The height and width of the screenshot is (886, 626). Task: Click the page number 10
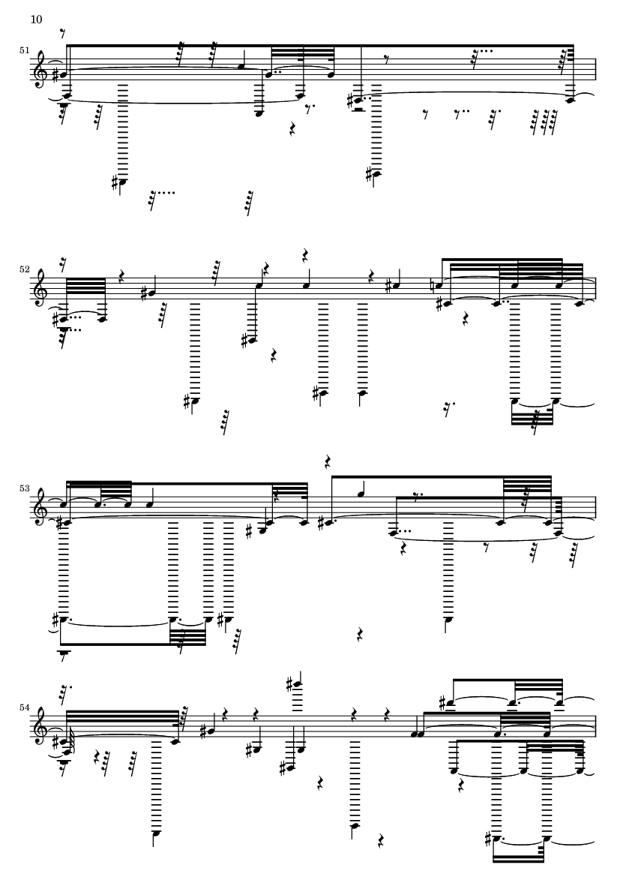[36, 20]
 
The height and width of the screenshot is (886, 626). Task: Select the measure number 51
[24, 50]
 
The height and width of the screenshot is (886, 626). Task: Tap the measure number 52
[24, 269]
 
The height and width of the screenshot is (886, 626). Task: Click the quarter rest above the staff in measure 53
[328, 462]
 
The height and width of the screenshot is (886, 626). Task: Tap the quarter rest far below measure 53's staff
[360, 635]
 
